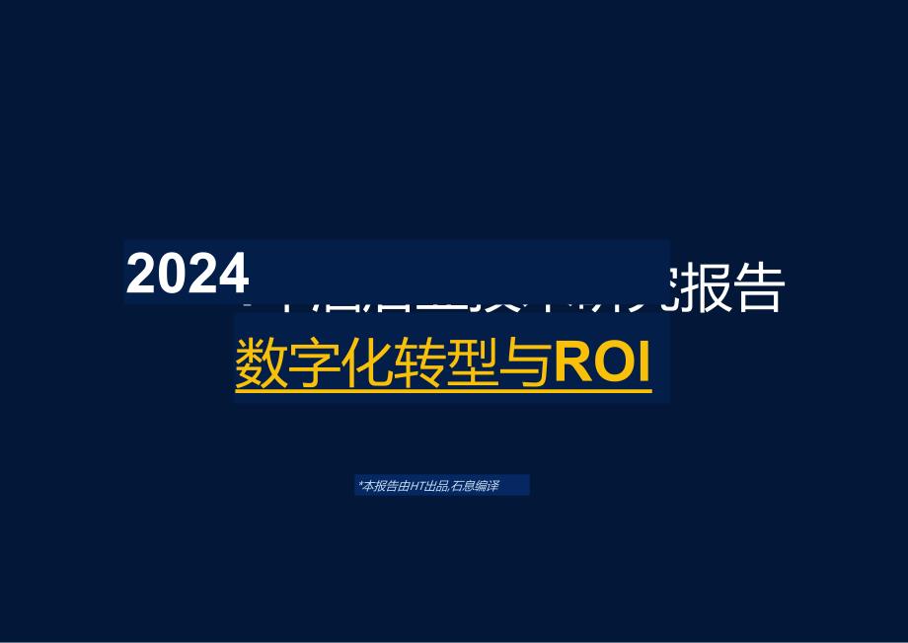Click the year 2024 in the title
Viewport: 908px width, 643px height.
click(188, 274)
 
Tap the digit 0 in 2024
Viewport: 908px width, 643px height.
click(173, 274)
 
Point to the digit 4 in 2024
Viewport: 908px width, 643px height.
click(233, 274)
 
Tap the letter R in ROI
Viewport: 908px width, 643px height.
click(573, 364)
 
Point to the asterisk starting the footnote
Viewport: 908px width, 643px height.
click(360, 484)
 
